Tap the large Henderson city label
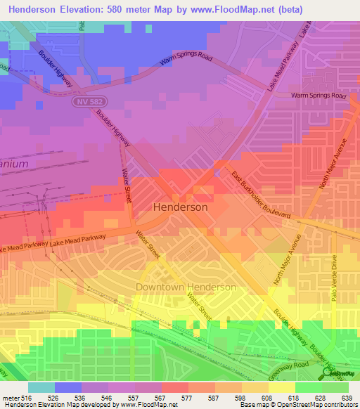(x=180, y=207)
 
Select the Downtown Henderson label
(x=186, y=287)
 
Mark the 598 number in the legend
(x=242, y=398)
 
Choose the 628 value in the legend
(x=322, y=398)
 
